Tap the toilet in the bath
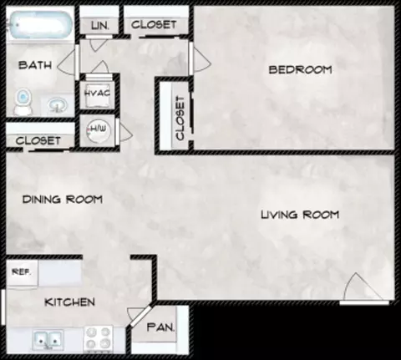[x=23, y=101]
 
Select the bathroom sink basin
[x=58, y=105]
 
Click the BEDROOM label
[x=300, y=69]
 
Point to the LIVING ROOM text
[x=300, y=215]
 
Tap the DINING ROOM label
[x=63, y=199]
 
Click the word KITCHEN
[x=69, y=302]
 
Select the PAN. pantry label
[x=160, y=327]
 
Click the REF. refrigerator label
[x=21, y=271]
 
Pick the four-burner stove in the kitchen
[x=98, y=337]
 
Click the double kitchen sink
[x=48, y=339]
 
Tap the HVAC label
[x=97, y=93]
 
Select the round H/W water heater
[x=98, y=130]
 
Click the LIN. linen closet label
[x=99, y=26]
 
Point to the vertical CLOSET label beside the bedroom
[x=180, y=118]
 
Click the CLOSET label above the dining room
[x=38, y=140]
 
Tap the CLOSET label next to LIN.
[x=154, y=24]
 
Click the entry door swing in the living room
[x=362, y=288]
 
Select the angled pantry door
[x=140, y=316]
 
